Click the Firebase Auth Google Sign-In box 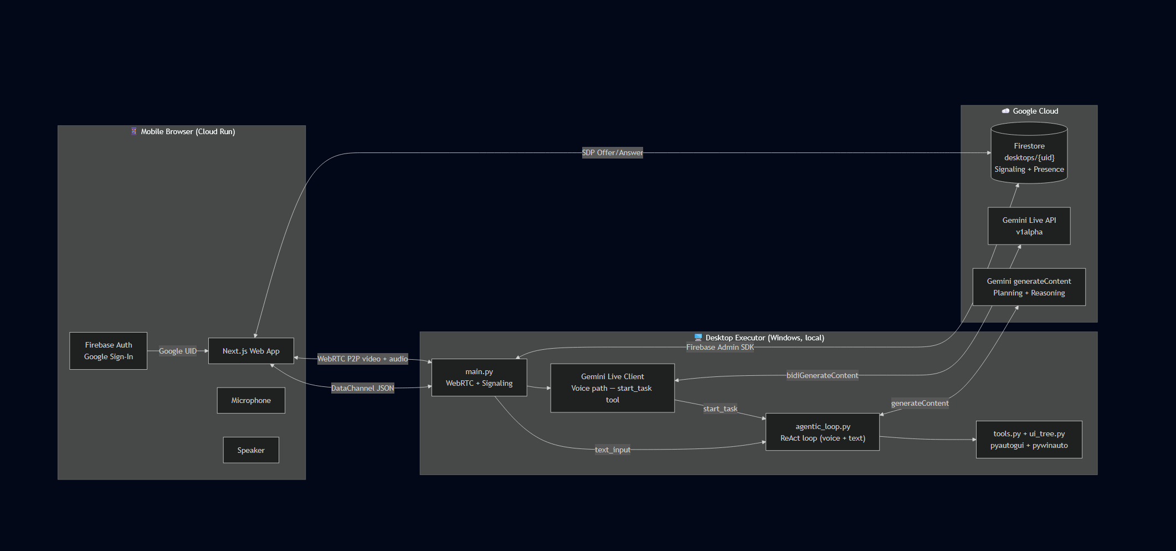click(108, 351)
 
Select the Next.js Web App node click(251, 351)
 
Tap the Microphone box click(251, 400)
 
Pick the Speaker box click(251, 450)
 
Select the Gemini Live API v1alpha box click(1029, 226)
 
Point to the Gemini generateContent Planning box click(1029, 287)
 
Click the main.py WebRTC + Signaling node click(479, 377)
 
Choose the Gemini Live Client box click(612, 388)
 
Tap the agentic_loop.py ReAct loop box click(823, 432)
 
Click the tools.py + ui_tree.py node click(1029, 440)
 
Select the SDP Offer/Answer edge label click(612, 152)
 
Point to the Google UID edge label click(177, 351)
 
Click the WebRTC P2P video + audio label click(362, 359)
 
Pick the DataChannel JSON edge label click(362, 388)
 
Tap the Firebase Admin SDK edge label click(720, 347)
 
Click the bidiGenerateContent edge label click(822, 375)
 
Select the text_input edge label click(612, 450)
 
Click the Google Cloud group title click(1035, 111)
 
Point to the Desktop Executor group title click(764, 338)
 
